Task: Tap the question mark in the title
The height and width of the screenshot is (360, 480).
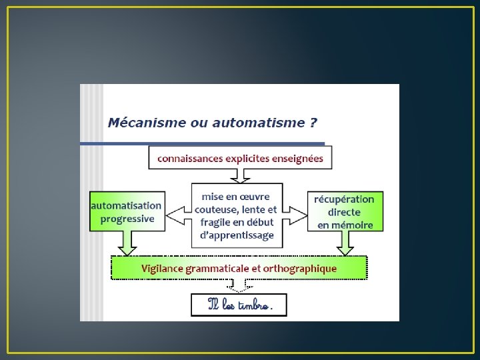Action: coord(313,123)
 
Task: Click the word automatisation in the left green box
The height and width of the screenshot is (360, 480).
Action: coord(127,206)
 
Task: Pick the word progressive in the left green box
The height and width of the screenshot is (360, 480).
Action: coord(127,218)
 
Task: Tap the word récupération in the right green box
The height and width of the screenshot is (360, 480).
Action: coord(345,199)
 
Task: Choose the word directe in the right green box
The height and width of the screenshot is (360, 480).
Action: coord(344,212)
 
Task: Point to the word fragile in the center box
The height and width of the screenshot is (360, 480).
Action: coord(213,222)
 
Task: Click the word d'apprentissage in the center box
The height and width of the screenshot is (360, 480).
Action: coord(237,235)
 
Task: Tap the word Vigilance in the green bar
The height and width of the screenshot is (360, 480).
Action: coord(163,268)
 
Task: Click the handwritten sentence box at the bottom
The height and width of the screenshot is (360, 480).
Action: coord(239,305)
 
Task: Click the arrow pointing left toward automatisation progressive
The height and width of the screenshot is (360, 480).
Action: coord(177,215)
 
